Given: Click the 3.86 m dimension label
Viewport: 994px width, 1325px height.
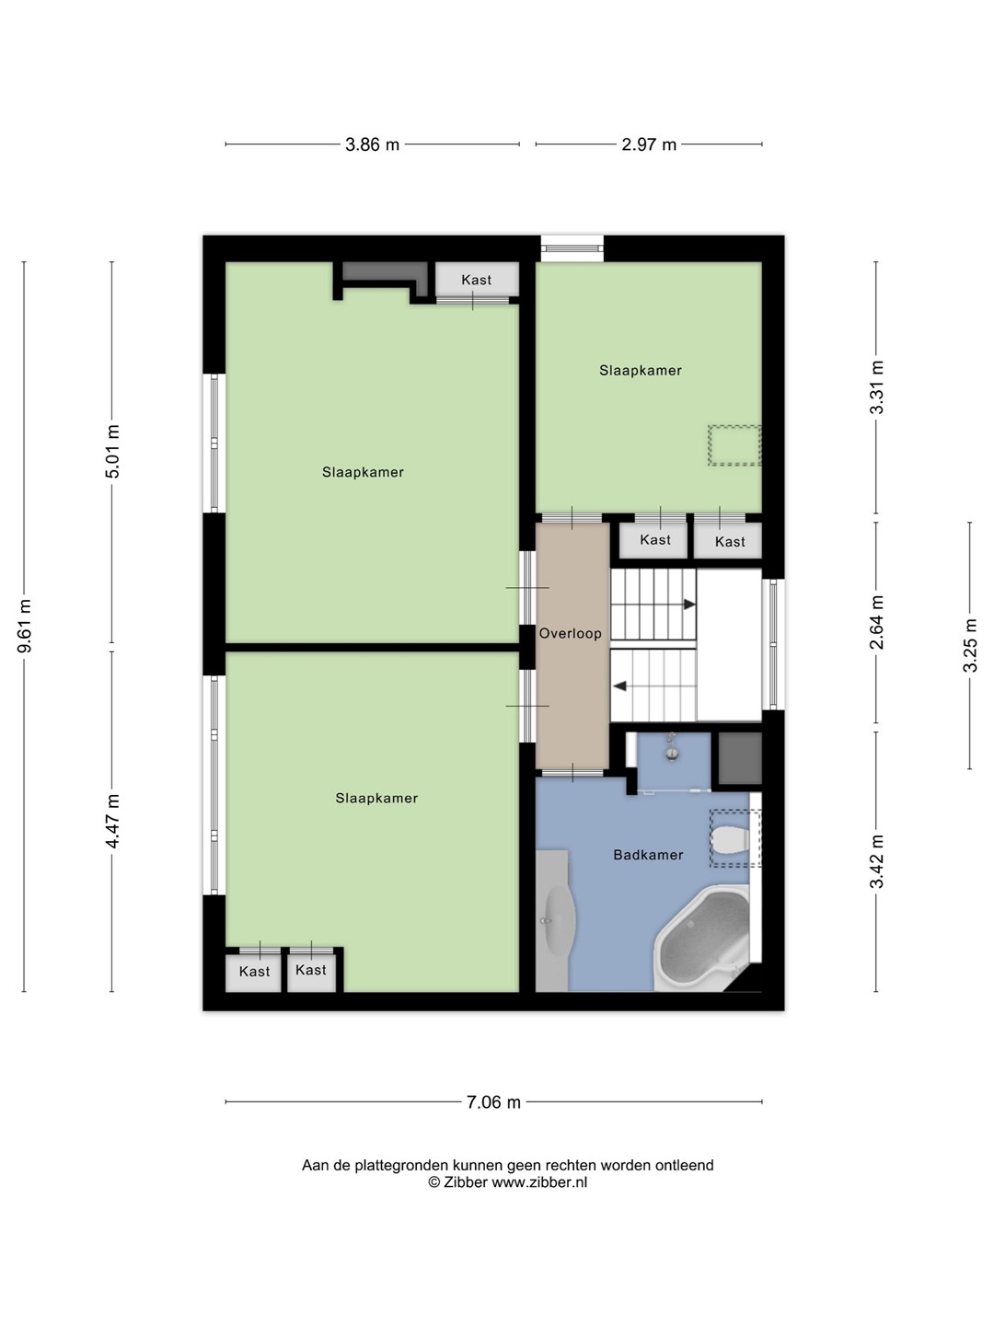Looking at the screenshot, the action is [x=372, y=144].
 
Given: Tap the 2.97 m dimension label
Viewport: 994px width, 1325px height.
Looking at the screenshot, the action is [x=649, y=144].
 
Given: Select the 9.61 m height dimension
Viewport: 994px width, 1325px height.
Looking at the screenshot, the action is [x=25, y=626].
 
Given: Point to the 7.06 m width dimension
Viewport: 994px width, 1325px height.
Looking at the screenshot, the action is [x=493, y=1102].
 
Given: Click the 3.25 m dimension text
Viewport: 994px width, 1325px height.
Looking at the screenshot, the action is [x=970, y=645].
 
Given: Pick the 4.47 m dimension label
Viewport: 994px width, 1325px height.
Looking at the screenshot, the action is [x=112, y=821].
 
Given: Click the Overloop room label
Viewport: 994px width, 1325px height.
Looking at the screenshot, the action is [x=571, y=633].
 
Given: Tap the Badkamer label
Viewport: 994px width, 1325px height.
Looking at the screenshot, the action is [x=648, y=854].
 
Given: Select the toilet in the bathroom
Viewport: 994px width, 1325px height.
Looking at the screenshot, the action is [x=731, y=839].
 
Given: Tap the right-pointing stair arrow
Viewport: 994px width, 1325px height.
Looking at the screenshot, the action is [x=689, y=605].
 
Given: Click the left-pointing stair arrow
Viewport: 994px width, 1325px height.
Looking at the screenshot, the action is [x=619, y=686].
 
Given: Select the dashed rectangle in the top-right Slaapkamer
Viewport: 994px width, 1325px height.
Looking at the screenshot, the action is [x=734, y=445].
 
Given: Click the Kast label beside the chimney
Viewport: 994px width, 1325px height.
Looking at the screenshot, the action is [x=476, y=280].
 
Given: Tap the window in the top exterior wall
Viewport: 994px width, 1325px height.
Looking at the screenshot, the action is [x=572, y=248].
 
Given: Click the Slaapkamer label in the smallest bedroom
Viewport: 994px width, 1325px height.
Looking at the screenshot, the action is [x=641, y=370].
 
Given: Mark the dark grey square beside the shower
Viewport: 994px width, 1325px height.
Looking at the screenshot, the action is [x=740, y=758].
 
